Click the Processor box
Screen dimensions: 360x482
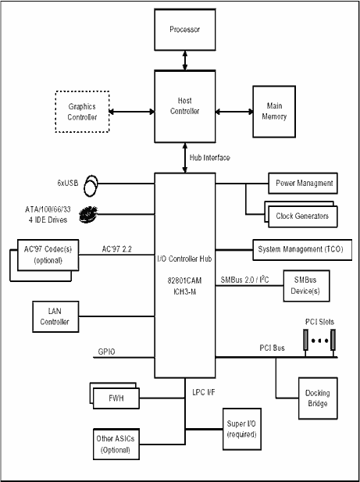(185, 30)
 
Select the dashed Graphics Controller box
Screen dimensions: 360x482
(82, 112)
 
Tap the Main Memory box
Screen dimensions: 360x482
(274, 112)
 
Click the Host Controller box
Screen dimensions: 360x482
(185, 106)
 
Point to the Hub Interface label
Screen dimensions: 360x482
(209, 158)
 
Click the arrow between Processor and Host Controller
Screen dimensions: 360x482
(185, 61)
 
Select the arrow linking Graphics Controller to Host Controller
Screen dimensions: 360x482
(132, 112)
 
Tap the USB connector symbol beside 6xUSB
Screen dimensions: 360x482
(91, 185)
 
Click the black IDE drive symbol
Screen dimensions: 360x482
(88, 214)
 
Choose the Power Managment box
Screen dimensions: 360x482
(303, 184)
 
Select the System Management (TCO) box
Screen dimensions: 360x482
(302, 250)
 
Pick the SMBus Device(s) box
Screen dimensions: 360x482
(306, 286)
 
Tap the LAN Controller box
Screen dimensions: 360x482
(55, 316)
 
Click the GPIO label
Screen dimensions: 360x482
(106, 352)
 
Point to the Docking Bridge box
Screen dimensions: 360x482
(318, 398)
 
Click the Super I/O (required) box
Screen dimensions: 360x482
(242, 429)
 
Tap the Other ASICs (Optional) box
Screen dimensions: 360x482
(116, 445)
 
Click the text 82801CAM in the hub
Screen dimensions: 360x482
(184, 280)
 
